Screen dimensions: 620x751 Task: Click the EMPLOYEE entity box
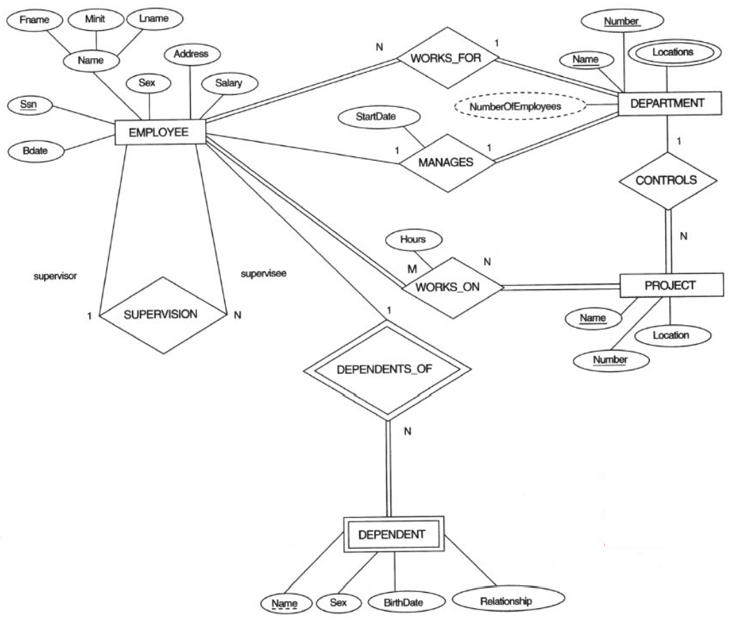coord(160,132)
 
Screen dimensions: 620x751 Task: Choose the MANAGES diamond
coord(445,161)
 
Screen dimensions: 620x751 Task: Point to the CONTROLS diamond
coord(667,179)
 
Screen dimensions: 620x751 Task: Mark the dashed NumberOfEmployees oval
coord(519,107)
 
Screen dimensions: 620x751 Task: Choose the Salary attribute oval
coord(228,83)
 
